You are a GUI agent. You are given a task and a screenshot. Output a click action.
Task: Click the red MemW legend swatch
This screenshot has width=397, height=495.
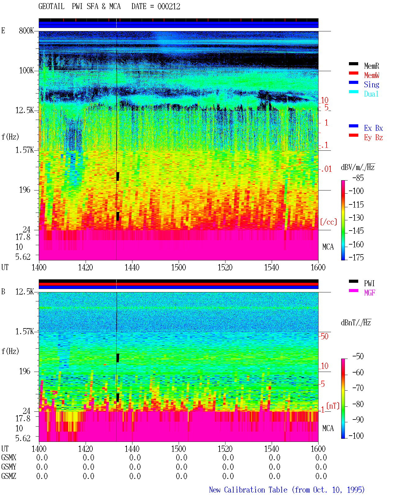[353, 73]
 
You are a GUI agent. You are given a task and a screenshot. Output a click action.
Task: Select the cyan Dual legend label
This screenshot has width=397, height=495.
[371, 94]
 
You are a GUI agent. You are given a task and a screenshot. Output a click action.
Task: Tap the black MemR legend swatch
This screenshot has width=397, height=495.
[353, 64]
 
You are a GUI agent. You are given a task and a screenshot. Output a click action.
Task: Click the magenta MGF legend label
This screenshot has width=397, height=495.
[369, 293]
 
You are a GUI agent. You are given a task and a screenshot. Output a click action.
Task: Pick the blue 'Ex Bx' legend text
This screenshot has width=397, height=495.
[373, 128]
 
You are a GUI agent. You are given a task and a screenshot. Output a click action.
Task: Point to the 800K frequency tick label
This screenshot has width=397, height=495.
[26, 30]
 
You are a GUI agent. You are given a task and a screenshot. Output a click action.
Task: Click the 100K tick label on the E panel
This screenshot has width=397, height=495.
[26, 70]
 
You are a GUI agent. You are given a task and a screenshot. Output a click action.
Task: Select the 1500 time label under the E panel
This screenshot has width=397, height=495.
[178, 267]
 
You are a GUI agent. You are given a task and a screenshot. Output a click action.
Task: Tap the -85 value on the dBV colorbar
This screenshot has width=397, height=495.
[358, 178]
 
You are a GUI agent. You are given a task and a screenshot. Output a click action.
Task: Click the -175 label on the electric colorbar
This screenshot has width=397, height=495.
[356, 257]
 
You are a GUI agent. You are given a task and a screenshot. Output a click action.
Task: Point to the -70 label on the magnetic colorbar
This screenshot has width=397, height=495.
[358, 388]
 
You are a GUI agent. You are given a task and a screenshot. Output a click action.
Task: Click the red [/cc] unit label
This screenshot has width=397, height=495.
[328, 222]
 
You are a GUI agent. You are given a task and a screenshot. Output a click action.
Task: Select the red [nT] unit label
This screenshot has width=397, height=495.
[333, 406]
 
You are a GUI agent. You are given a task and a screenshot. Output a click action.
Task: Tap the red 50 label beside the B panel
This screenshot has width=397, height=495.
[324, 336]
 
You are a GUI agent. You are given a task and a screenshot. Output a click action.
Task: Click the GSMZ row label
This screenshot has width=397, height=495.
[9, 476]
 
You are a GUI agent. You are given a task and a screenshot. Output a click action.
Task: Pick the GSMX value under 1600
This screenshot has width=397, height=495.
[321, 457]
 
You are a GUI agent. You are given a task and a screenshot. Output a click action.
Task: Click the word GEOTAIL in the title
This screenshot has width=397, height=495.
[51, 6]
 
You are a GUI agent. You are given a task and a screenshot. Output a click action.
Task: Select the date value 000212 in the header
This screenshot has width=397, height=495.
[169, 6]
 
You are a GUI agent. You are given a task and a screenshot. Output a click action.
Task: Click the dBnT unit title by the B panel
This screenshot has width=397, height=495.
[356, 323]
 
